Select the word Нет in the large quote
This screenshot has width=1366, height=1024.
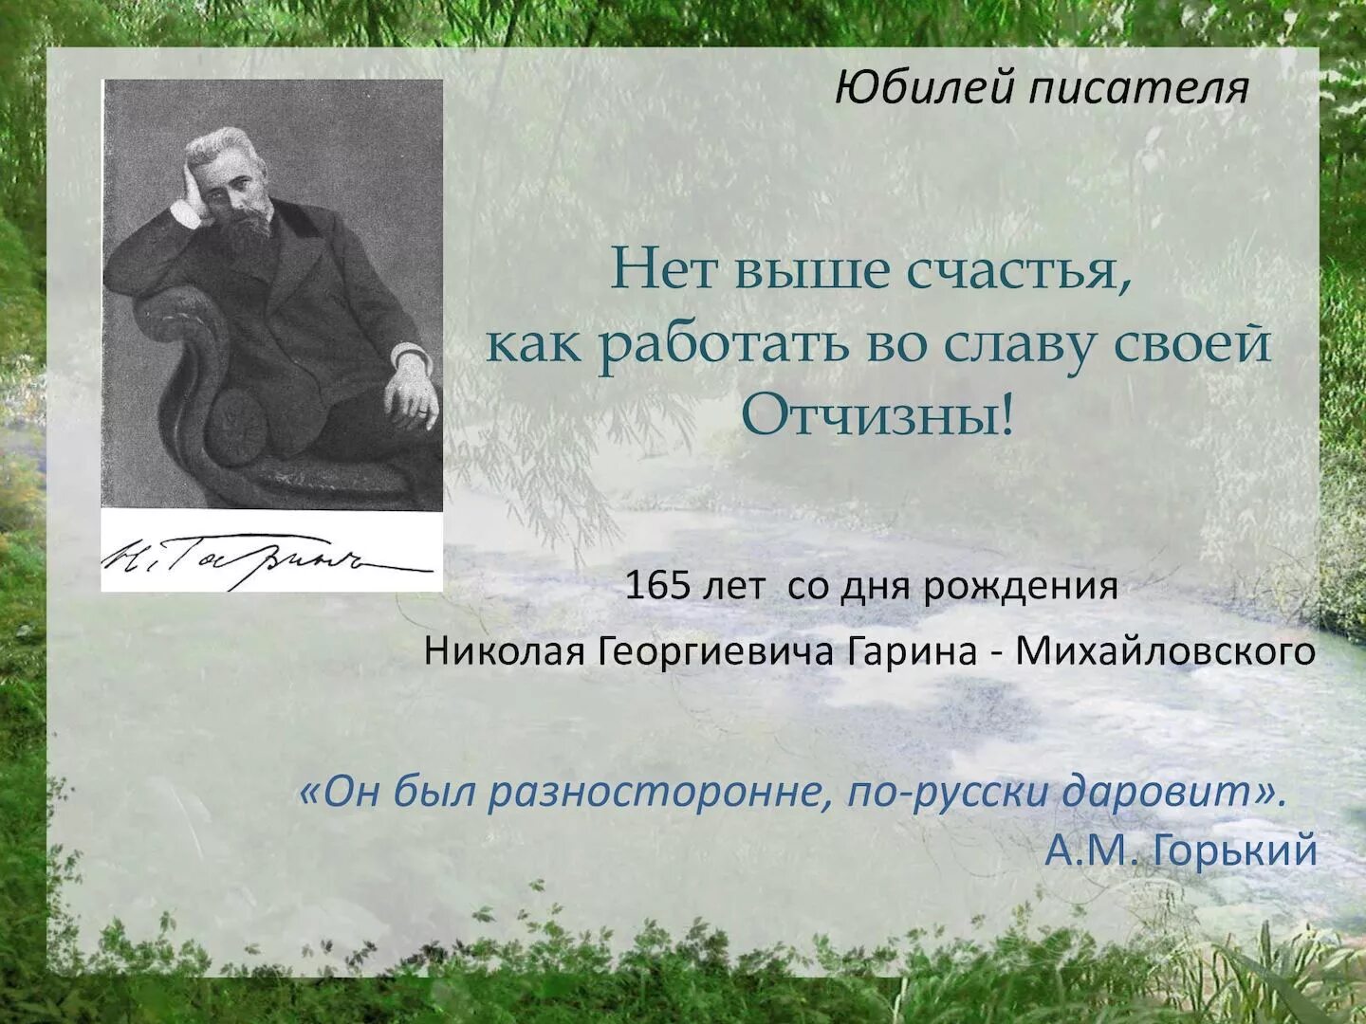click(658, 270)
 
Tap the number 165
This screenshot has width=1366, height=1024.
click(656, 586)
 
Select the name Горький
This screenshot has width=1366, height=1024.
click(1235, 850)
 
